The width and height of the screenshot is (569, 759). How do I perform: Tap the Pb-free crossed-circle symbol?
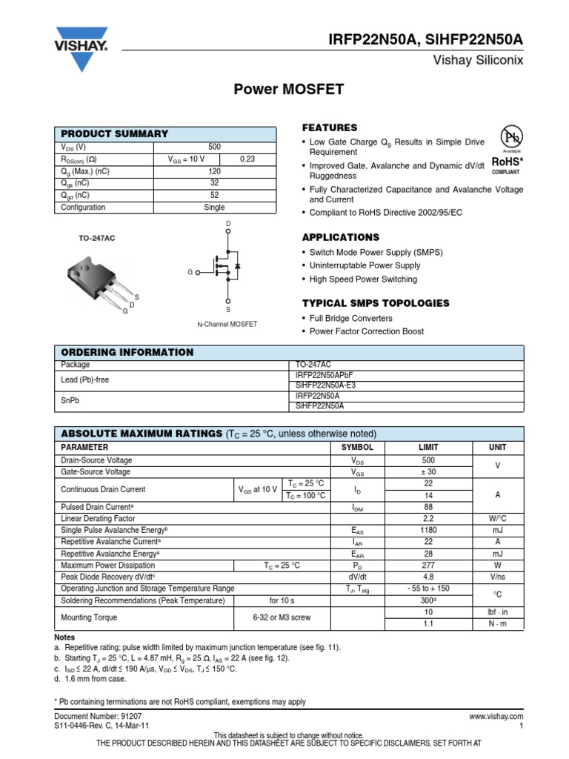[x=511, y=137]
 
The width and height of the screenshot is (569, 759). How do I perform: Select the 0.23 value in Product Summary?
[x=247, y=159]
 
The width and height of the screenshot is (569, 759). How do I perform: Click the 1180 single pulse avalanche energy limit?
[x=428, y=531]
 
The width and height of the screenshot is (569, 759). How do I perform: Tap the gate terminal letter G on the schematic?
[x=190, y=272]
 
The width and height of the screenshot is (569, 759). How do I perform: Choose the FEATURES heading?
[x=330, y=127]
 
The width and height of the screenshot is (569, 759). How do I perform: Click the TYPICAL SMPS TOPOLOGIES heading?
[x=376, y=303]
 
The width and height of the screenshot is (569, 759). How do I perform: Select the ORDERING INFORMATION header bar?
[x=290, y=352]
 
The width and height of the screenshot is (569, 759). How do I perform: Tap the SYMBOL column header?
[x=357, y=448]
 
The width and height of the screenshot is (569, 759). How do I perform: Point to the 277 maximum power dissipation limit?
[x=428, y=566]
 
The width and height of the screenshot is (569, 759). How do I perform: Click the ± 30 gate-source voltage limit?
[x=428, y=471]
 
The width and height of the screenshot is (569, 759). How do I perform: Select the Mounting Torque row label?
[x=89, y=617]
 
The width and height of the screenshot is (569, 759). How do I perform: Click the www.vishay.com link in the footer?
[x=496, y=717]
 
